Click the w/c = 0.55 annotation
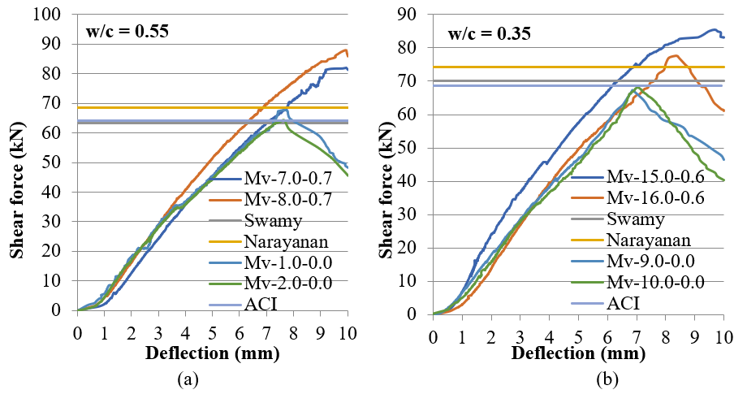[127, 32]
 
